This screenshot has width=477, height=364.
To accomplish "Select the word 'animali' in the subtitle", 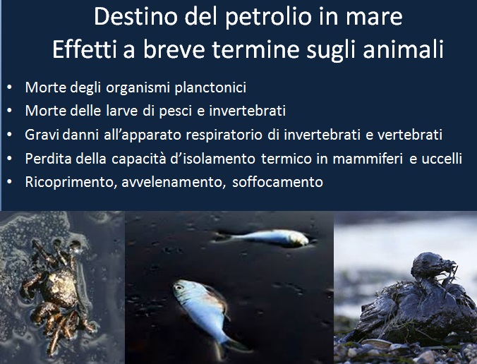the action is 403,49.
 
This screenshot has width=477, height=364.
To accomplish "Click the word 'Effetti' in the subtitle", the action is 85,49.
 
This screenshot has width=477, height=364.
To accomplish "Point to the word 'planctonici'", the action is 210,87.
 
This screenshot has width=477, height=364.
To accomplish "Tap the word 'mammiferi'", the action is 368,159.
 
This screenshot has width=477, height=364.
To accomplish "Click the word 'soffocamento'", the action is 277,182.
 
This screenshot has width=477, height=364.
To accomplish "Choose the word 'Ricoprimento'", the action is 71,183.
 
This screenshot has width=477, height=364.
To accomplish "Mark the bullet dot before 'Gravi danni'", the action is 9,135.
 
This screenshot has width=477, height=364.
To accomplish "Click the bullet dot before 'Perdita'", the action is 9,159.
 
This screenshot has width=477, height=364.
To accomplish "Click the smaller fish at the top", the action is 264,238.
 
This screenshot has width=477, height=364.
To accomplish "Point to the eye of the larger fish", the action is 179,286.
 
